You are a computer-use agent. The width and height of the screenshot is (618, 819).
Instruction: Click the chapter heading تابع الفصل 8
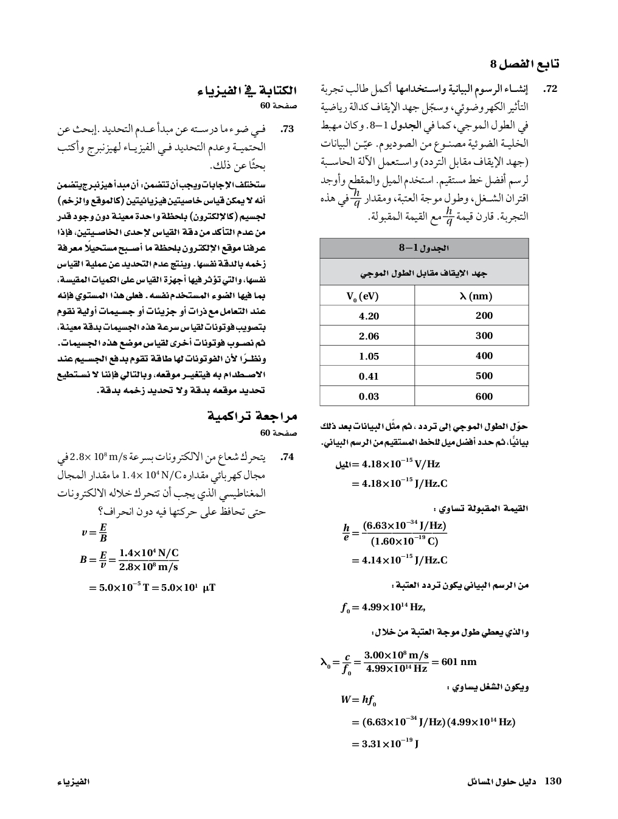tap(525, 64)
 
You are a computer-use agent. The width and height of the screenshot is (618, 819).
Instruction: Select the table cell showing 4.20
tap(369, 316)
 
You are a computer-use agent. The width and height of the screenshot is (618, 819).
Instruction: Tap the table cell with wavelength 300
tap(484, 336)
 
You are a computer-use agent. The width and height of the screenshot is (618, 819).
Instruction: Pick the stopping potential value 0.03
tap(369, 396)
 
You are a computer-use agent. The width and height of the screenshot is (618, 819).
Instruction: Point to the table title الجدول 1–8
tap(424, 248)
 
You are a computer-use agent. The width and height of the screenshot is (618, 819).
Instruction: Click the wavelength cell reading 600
tap(484, 396)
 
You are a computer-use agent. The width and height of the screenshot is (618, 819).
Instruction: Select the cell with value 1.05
tap(369, 356)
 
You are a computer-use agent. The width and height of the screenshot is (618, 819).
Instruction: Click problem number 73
tap(286, 130)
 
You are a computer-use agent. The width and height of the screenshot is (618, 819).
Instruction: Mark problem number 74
tap(287, 456)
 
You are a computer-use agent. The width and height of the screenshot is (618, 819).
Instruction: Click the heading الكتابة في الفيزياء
tap(247, 91)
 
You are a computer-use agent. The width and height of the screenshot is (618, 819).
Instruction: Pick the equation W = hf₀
tap(358, 700)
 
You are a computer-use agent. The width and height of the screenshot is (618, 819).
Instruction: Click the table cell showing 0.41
tap(369, 376)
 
